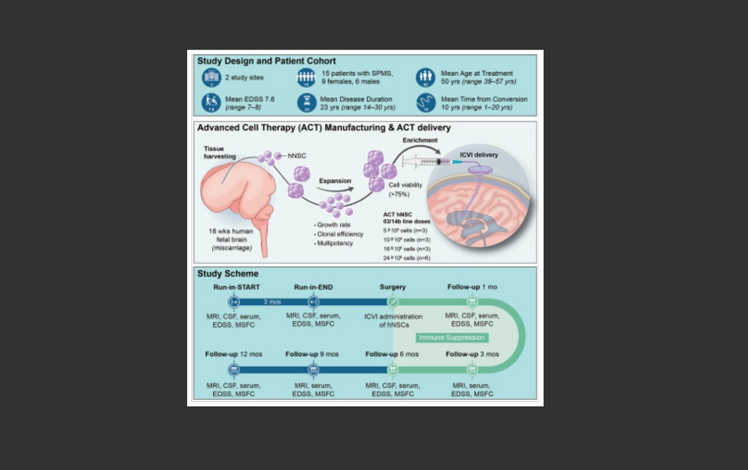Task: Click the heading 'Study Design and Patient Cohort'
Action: click(x=267, y=61)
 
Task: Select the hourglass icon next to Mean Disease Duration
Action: click(x=306, y=102)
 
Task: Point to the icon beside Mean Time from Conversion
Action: click(x=426, y=102)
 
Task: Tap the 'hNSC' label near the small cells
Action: click(x=296, y=155)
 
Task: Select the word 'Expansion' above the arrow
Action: click(x=335, y=181)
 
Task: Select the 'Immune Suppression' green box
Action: click(x=453, y=337)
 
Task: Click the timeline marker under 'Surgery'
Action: click(x=393, y=302)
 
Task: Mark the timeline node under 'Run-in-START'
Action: click(x=234, y=302)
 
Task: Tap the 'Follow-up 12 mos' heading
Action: click(x=234, y=354)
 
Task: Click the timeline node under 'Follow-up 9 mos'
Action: click(x=314, y=370)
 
